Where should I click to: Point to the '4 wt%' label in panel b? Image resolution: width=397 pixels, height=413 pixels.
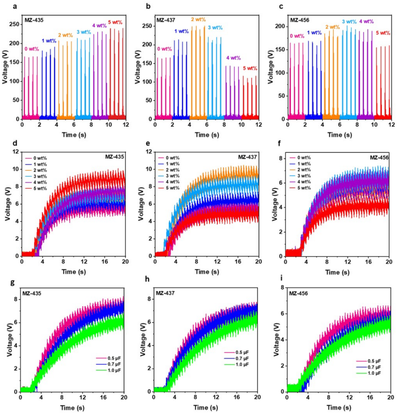(x=234, y=58)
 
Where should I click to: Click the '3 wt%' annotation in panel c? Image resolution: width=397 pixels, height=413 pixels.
(x=349, y=21)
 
